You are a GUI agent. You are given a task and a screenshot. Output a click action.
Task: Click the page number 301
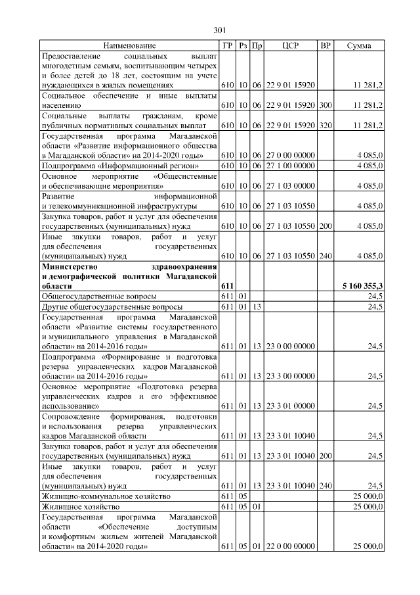[220, 29]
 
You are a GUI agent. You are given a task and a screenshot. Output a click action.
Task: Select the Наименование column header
[129, 45]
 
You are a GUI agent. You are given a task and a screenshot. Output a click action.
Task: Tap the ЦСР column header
[291, 45]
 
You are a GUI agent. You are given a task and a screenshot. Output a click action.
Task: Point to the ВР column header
[325, 45]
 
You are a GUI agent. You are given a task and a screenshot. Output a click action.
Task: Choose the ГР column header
[227, 45]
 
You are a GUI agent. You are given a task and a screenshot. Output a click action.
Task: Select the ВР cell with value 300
[325, 105]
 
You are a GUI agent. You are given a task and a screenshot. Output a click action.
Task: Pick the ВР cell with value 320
[325, 125]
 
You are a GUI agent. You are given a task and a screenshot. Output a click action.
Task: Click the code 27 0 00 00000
[291, 155]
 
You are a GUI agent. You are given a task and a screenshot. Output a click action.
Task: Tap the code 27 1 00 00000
[291, 165]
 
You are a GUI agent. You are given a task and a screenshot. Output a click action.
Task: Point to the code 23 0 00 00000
[291, 346]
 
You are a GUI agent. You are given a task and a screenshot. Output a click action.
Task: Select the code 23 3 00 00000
[291, 376]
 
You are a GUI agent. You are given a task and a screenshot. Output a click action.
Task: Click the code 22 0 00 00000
[291, 546]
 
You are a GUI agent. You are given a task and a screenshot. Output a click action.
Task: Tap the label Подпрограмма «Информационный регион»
[112, 165]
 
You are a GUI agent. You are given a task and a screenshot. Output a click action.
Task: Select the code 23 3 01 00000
[291, 406]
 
